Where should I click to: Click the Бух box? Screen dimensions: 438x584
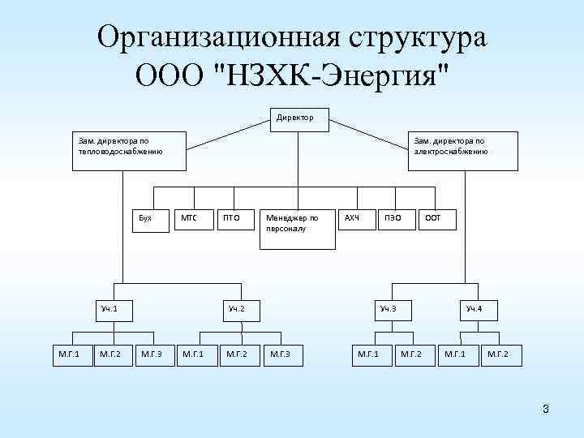point(152,220)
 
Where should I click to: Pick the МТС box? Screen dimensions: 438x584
point(195,219)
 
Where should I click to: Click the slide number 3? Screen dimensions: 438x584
point(546,409)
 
